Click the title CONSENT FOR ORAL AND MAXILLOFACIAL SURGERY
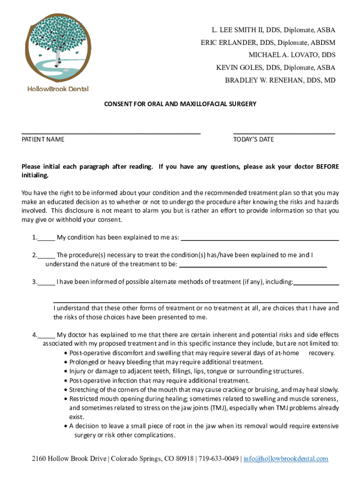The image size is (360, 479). coord(180,104)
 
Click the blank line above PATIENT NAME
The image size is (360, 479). coord(111,133)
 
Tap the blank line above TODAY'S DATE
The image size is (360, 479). coord(284,133)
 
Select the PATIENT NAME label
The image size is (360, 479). coord(43,139)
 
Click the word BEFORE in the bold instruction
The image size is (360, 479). coord(328,167)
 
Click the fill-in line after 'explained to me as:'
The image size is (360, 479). coord(259,239)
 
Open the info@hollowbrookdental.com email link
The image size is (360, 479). coord(286,458)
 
